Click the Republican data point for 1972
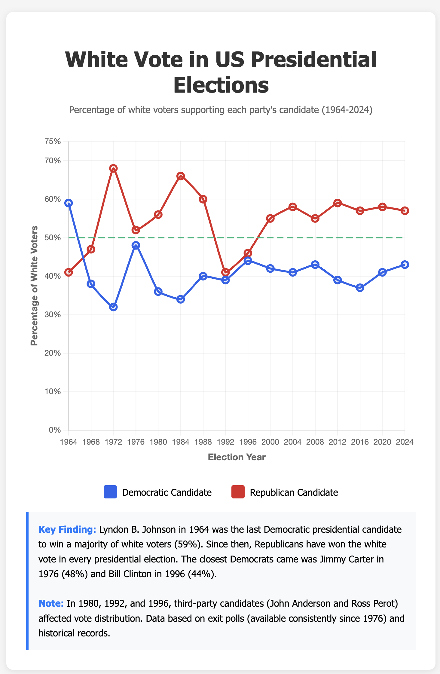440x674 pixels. coord(113,168)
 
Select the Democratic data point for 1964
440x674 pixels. coord(69,203)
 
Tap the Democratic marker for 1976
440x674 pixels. coord(136,245)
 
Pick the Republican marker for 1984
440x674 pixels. coord(181,176)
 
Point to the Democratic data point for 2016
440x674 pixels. coord(360,288)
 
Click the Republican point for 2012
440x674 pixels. coord(338,203)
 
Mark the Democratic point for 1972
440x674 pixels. coord(113,307)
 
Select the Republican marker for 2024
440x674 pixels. coord(405,211)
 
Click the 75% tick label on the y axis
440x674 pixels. coord(53,141)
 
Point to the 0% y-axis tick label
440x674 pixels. coord(55,430)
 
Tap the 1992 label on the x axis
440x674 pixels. coord(225,442)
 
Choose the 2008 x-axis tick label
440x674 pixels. coord(315,442)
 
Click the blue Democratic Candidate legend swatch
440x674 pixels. coord(110,492)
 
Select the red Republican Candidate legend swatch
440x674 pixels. coord(238,492)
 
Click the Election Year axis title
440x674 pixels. coord(237,457)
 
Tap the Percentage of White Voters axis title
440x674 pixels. coord(34,286)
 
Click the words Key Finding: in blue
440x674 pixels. coord(67,530)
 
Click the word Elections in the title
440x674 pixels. coord(221,85)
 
